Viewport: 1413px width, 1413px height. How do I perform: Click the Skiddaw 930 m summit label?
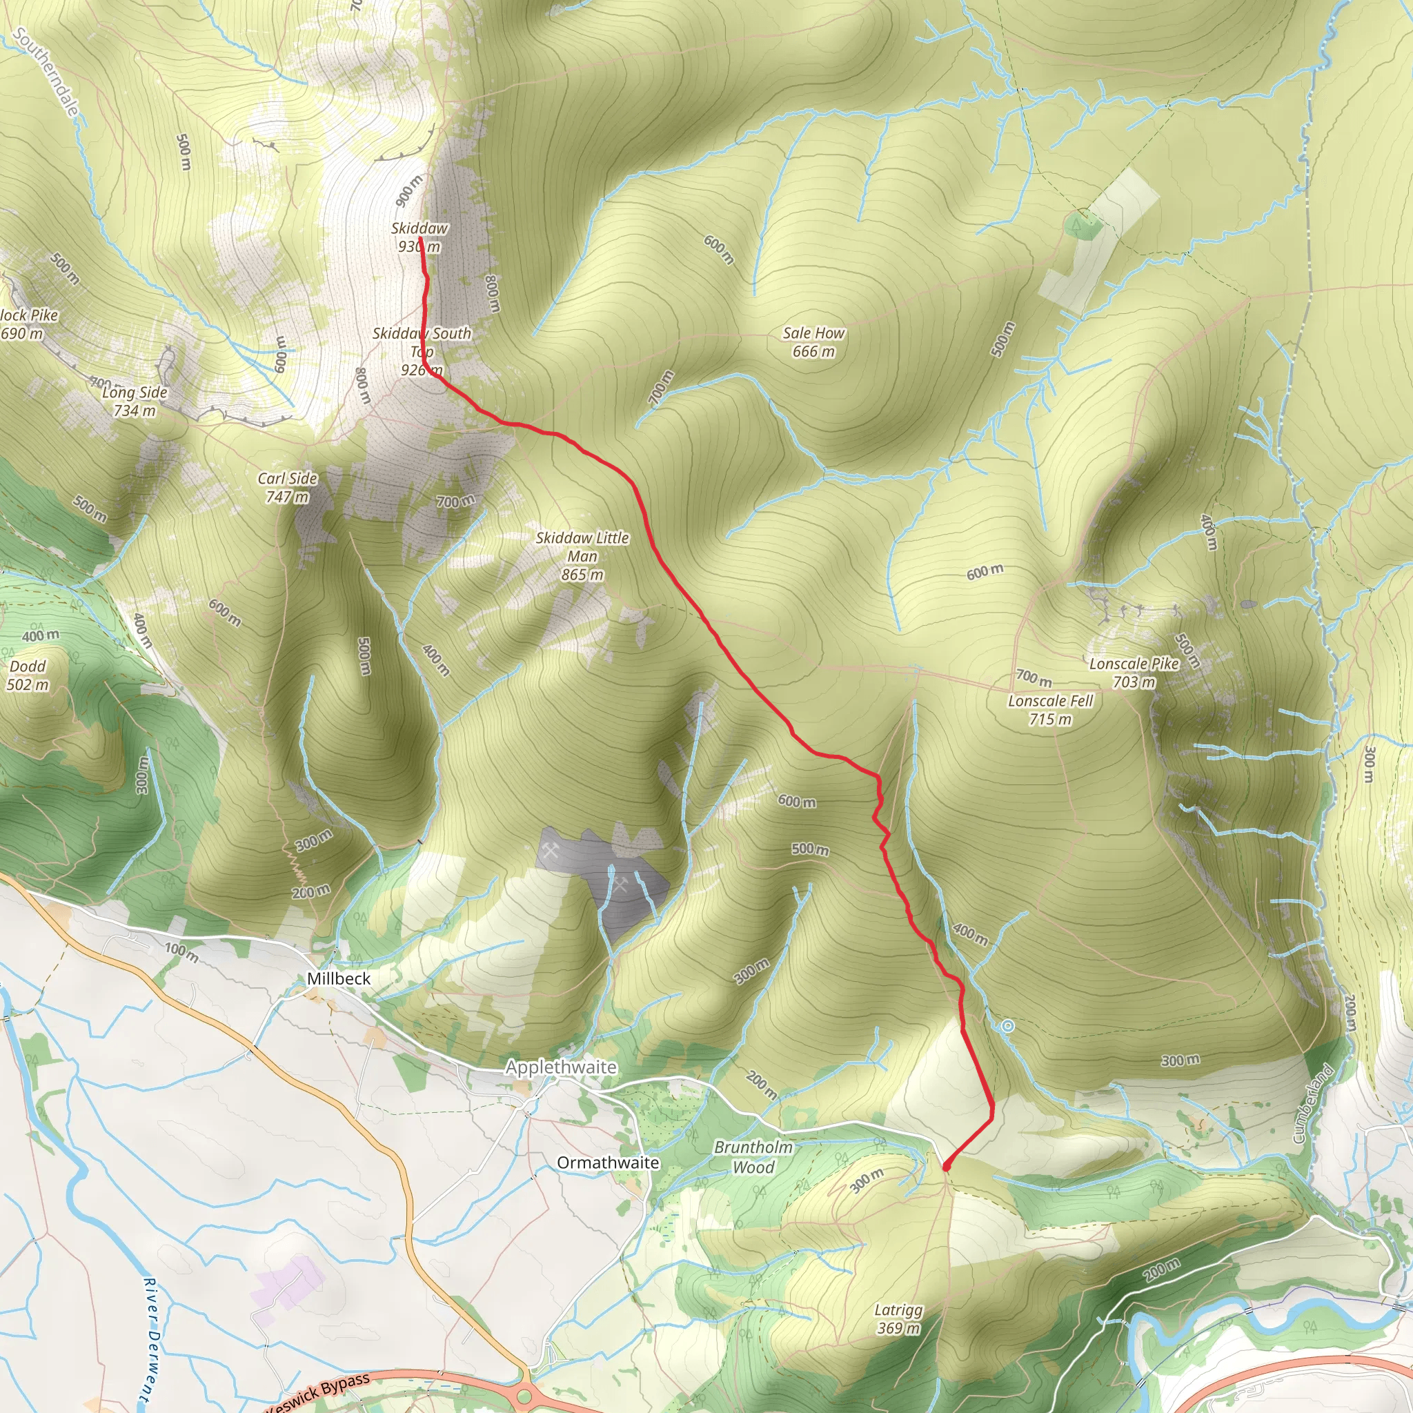pos(419,237)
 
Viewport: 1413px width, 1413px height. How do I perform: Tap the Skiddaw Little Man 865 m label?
pos(582,556)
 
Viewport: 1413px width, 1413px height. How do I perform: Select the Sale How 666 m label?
pos(813,342)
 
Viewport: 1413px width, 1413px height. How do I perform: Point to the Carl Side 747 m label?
pos(288,487)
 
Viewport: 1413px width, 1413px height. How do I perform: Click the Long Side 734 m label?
pos(135,401)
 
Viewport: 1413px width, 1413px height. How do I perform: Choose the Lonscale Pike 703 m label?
pos(1134,672)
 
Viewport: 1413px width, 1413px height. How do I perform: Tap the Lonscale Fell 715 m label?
pos(1050,709)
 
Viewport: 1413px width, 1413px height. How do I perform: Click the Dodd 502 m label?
pos(28,675)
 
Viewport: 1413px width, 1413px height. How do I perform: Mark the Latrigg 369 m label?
pos(898,1318)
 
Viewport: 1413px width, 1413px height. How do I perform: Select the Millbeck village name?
pos(339,978)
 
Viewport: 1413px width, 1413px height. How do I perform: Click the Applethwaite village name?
pos(561,1067)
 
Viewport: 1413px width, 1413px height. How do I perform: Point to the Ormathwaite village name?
pos(608,1162)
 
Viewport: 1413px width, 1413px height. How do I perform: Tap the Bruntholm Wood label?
pos(753,1156)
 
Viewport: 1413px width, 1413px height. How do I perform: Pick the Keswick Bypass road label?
pos(319,1394)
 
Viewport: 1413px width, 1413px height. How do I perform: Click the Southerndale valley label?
pos(46,72)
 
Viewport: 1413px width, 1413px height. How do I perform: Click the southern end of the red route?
pos(947,1166)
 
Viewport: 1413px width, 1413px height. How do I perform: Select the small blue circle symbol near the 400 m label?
pos(1007,1026)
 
